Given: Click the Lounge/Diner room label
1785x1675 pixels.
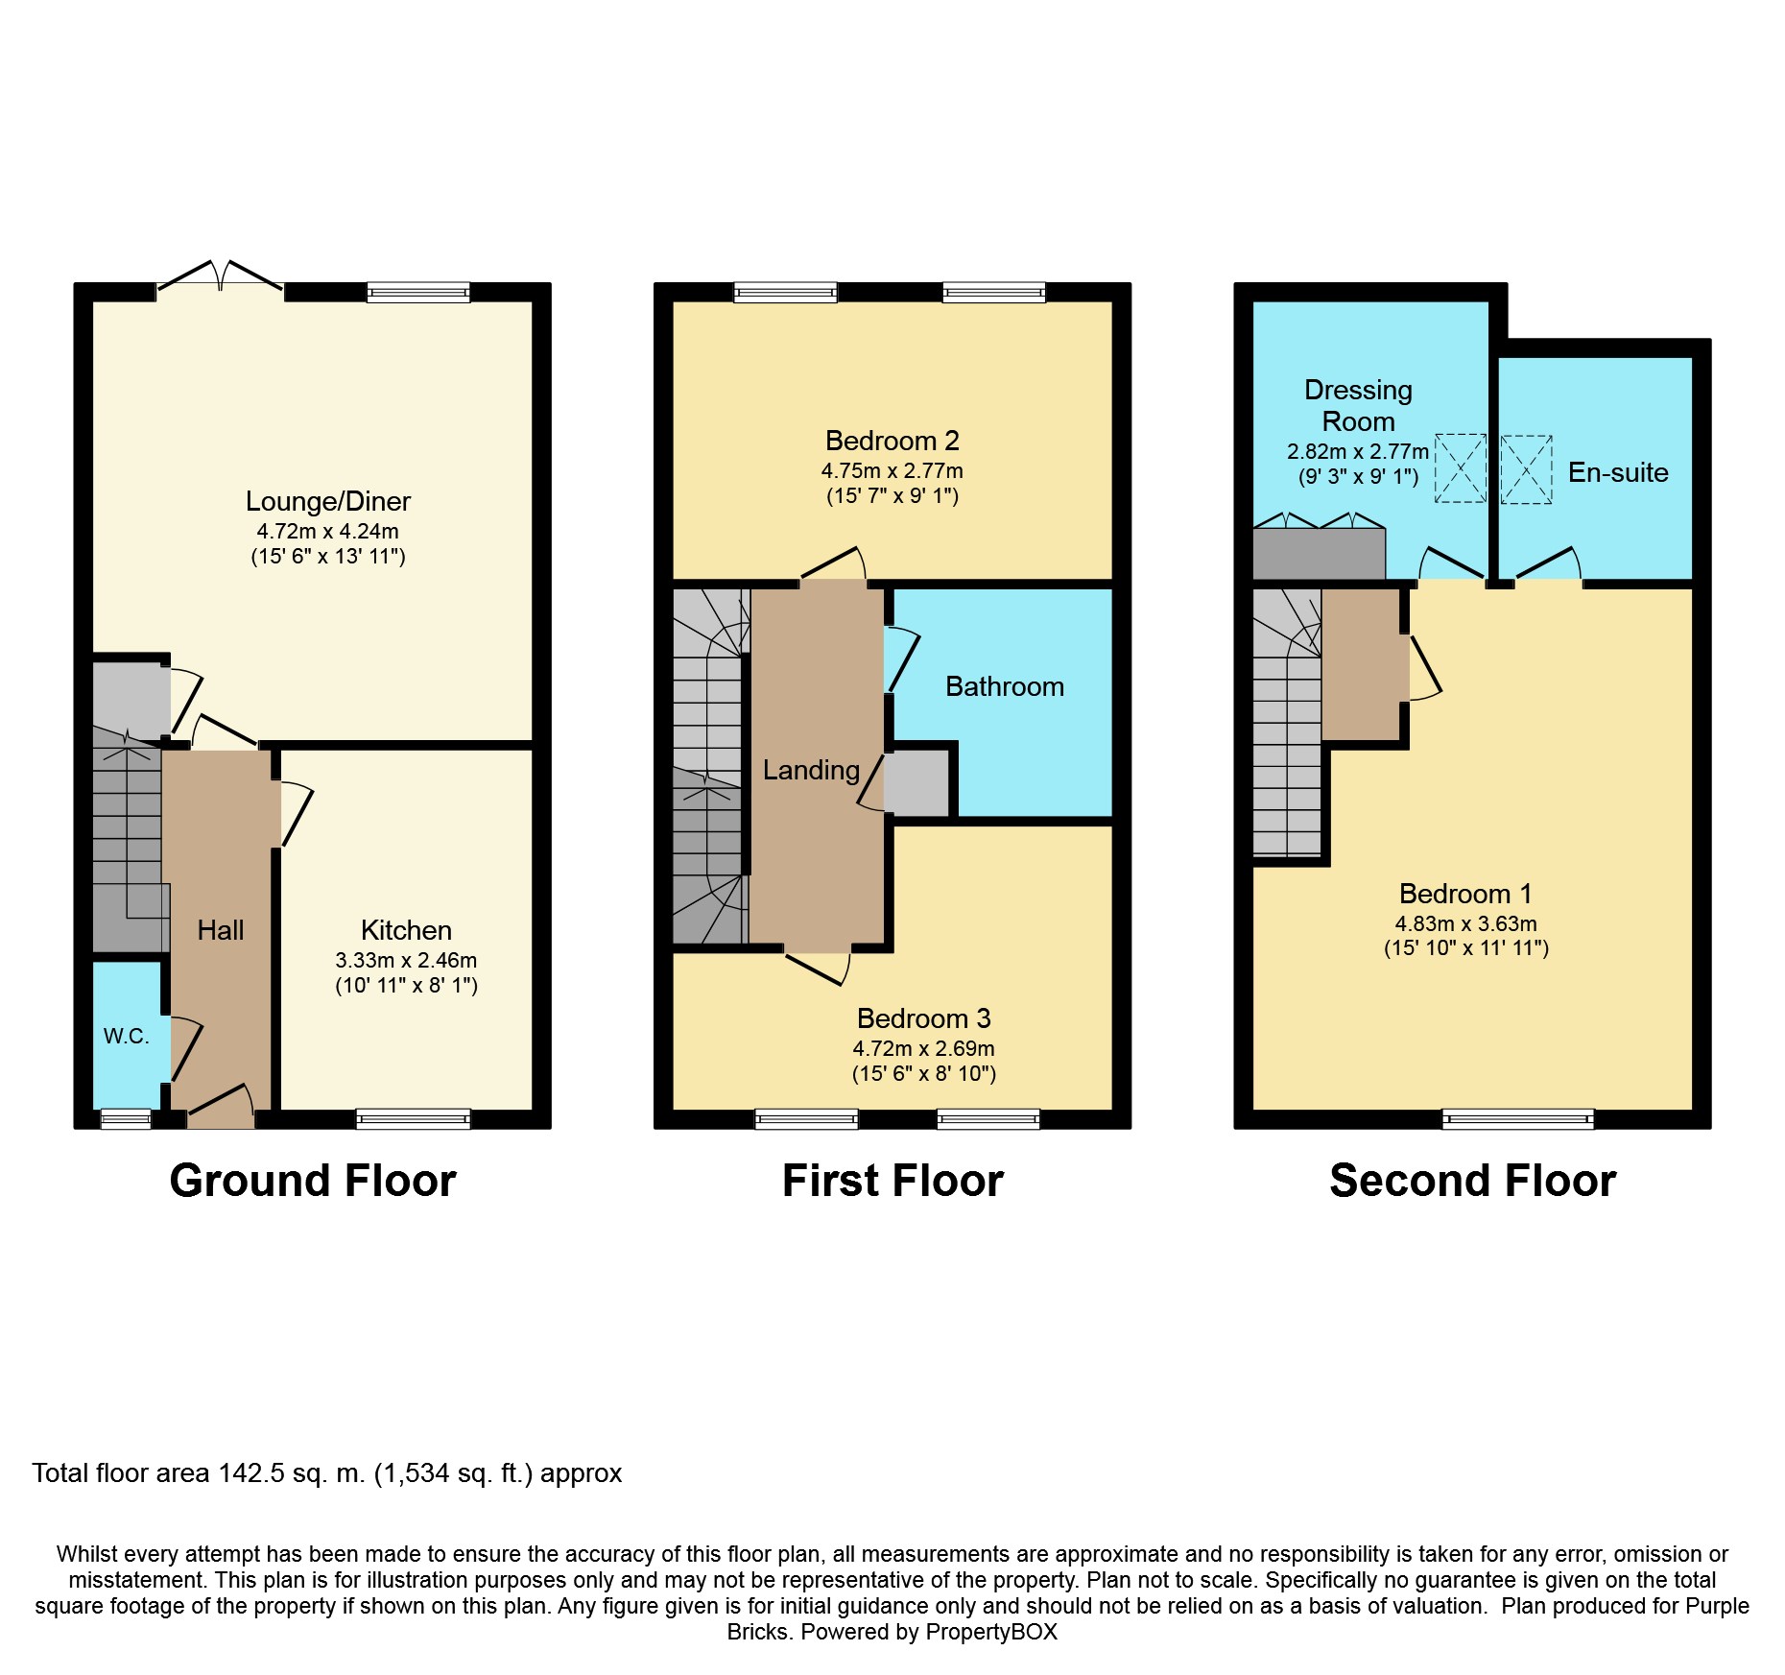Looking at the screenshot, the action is [328, 502].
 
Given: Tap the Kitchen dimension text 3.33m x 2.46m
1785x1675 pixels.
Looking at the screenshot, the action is [406, 960].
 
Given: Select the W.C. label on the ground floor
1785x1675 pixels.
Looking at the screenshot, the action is [127, 1037].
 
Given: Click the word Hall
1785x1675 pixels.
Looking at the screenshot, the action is [221, 930].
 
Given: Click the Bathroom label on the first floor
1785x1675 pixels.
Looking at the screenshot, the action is [1005, 686].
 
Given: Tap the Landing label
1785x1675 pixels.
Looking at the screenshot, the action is [811, 770].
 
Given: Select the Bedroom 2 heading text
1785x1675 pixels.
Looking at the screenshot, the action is [892, 441].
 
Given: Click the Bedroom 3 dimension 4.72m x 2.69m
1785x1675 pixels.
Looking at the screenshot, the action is [924, 1048].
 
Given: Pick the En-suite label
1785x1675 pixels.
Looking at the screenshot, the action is [1618, 472].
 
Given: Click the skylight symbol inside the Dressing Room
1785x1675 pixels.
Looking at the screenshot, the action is [1461, 468].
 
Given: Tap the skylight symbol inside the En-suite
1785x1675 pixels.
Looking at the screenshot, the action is [1526, 469].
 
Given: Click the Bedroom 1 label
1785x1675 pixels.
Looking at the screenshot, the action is [1465, 894].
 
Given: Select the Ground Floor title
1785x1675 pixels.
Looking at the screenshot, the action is [313, 1181].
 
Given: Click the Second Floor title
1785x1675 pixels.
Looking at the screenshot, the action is [1473, 1181].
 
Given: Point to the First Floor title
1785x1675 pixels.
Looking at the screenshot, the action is [892, 1181].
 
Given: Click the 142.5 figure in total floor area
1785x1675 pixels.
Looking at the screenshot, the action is [251, 1473].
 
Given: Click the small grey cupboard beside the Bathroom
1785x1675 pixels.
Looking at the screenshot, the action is [916, 783].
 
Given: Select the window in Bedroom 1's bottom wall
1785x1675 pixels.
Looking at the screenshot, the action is [1518, 1119].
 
